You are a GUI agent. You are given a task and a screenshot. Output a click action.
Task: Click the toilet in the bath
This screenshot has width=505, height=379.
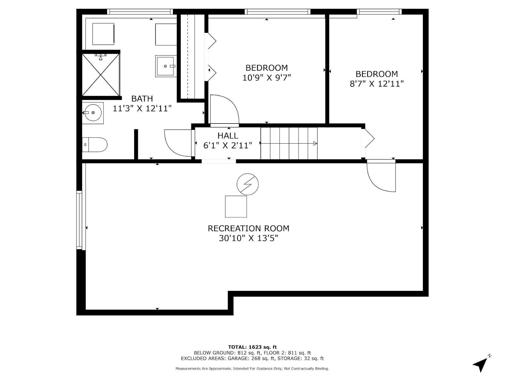(x=95, y=145)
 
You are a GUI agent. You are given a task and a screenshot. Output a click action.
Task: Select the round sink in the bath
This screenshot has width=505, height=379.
(x=92, y=113)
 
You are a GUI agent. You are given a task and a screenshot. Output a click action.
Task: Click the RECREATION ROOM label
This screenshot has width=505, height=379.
(x=248, y=228)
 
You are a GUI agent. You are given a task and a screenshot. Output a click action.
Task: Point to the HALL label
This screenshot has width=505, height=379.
(x=228, y=136)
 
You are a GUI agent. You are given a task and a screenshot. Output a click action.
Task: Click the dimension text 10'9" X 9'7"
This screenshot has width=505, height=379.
(x=266, y=77)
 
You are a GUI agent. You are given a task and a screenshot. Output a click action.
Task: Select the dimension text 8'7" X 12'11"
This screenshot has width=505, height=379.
(x=377, y=84)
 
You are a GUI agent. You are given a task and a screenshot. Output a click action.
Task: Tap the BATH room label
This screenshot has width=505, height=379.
(x=142, y=99)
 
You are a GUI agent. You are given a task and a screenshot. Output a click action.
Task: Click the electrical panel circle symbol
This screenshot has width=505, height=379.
(x=248, y=184)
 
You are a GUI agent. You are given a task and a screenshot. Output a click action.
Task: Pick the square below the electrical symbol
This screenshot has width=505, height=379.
(x=236, y=207)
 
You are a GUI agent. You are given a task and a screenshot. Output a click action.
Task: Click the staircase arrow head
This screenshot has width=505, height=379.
(x=315, y=143)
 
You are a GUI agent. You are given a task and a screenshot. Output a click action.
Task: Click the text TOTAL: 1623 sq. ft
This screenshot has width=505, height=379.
(x=252, y=347)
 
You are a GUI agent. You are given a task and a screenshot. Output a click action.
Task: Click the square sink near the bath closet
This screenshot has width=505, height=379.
(x=165, y=66)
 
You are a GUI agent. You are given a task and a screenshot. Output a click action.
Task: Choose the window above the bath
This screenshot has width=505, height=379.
(x=140, y=12)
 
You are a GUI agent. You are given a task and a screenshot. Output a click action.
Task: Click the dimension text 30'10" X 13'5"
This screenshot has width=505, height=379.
(x=248, y=238)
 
